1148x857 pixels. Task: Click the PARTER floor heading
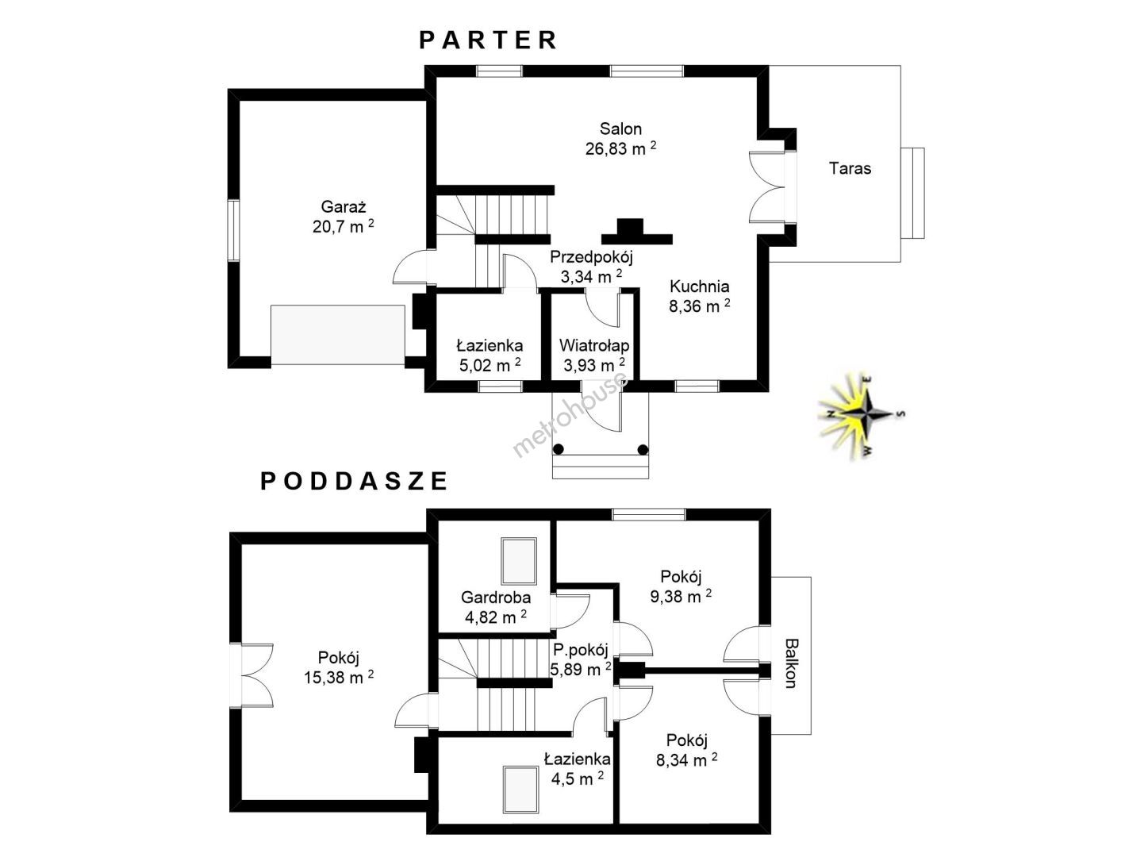(x=488, y=40)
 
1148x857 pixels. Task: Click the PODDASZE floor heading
(x=354, y=481)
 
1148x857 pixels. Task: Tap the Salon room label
(x=620, y=129)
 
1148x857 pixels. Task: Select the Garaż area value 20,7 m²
(x=343, y=226)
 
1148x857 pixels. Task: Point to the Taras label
(x=850, y=168)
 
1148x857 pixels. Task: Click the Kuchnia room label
(x=699, y=286)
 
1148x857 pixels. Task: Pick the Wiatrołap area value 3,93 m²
(x=594, y=364)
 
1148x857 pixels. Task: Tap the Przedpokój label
(x=592, y=257)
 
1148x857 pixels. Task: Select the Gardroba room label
(x=495, y=598)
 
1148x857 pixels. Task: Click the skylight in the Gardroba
(x=519, y=560)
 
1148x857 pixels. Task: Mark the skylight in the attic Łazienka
(x=521, y=789)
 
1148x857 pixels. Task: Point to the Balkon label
(x=791, y=663)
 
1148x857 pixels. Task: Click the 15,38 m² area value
(x=339, y=677)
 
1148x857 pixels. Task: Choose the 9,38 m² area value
(x=681, y=596)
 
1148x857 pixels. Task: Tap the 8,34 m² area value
(x=687, y=759)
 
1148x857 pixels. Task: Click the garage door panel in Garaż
(x=338, y=335)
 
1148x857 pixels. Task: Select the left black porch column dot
(x=559, y=449)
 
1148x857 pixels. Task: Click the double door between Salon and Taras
(x=768, y=186)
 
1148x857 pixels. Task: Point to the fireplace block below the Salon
(x=636, y=232)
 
